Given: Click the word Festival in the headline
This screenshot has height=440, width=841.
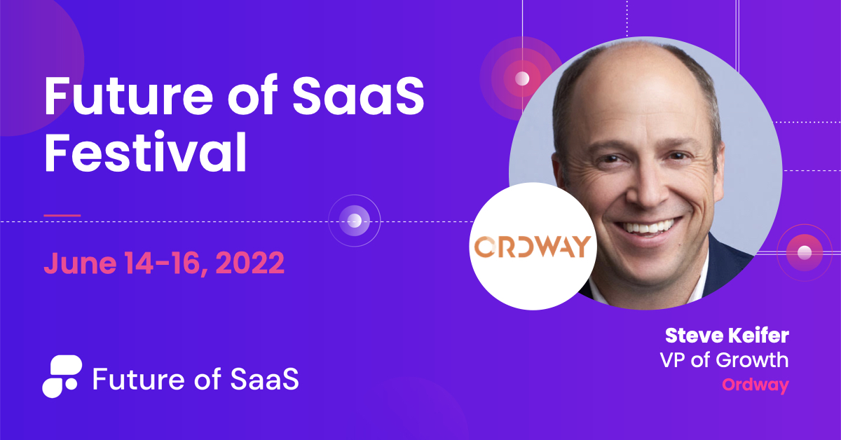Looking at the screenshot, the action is [x=145, y=151].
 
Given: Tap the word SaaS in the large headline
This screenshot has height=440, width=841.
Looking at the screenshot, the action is [x=358, y=96].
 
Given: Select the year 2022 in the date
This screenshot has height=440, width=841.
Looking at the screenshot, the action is [x=250, y=263].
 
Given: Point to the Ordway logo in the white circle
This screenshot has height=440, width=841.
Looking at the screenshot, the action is [x=533, y=247].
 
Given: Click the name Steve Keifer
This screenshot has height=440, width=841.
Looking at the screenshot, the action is [x=727, y=336].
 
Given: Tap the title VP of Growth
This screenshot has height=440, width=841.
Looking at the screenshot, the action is [x=724, y=359].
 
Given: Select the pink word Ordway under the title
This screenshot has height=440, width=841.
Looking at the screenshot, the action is [x=755, y=385].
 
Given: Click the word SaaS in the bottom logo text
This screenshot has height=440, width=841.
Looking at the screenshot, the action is [x=264, y=379].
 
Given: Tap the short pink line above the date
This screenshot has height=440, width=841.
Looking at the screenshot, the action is [x=62, y=216].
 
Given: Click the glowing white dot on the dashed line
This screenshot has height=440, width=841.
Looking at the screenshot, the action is [x=355, y=221].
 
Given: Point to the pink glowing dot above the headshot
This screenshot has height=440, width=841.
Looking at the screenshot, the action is [x=522, y=79].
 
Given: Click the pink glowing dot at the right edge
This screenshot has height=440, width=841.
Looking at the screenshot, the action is [x=805, y=252].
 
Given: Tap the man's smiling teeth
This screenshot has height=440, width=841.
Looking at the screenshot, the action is [x=646, y=227].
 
